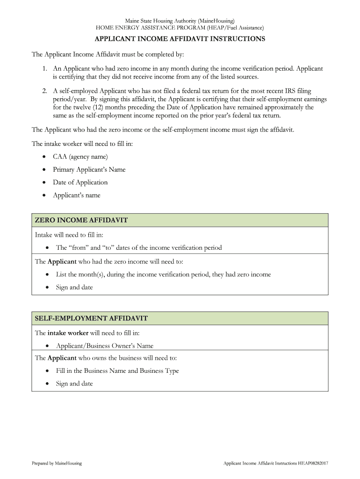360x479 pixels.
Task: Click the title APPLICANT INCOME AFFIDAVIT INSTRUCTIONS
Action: click(x=180, y=39)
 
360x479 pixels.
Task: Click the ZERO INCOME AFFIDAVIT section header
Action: click(x=81, y=220)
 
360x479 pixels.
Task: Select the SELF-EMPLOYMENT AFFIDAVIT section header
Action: click(x=91, y=319)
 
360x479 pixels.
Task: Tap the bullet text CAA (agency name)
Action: click(x=80, y=157)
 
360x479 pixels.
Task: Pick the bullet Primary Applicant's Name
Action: click(x=89, y=170)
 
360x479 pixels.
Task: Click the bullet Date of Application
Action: click(x=80, y=182)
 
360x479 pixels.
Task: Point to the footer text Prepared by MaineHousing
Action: click(x=57, y=463)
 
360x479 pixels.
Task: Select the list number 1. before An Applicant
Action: click(x=44, y=69)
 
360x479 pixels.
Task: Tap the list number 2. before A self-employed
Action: click(x=44, y=91)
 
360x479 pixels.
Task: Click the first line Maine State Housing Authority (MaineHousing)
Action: click(x=180, y=21)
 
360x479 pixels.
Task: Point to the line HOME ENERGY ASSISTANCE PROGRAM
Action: click(x=180, y=28)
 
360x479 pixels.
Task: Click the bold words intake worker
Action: click(x=68, y=333)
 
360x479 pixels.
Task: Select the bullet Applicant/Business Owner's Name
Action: click(x=104, y=346)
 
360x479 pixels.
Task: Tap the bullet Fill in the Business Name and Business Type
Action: click(x=117, y=371)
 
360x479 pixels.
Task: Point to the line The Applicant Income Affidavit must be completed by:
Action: click(x=108, y=55)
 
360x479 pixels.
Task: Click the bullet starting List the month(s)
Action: click(x=163, y=275)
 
